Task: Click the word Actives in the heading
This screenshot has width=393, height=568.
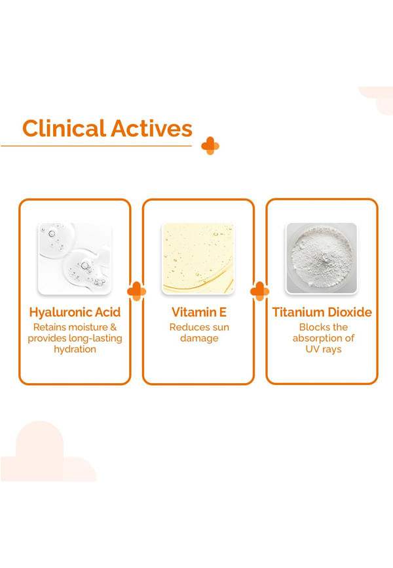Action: tap(151, 129)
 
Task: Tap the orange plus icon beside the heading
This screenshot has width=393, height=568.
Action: tap(210, 146)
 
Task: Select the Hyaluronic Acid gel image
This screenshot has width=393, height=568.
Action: tap(75, 258)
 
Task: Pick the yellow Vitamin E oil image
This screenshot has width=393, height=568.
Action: tap(198, 258)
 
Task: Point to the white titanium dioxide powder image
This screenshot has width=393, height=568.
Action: tap(322, 258)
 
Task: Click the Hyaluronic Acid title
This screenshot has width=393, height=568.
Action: tap(75, 312)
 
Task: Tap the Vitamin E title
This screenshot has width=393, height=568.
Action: tap(199, 312)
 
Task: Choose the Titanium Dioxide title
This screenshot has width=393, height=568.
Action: tap(322, 312)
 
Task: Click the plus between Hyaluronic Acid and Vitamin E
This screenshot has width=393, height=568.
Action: tap(137, 291)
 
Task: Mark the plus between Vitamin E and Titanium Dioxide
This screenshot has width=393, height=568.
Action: tap(260, 291)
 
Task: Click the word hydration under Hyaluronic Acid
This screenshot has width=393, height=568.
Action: tap(75, 350)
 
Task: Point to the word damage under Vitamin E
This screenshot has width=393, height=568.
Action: tap(199, 338)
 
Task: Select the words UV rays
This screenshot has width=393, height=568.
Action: tap(324, 350)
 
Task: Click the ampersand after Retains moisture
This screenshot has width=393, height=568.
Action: tap(113, 327)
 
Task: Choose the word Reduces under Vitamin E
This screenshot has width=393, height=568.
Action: tap(187, 327)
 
